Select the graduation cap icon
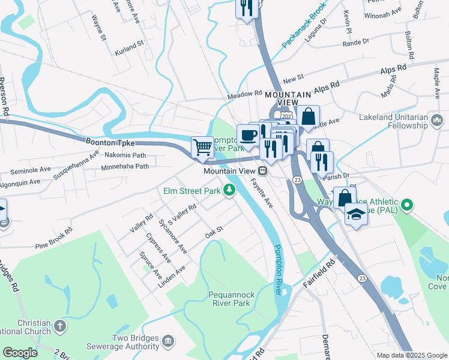pos(356,213)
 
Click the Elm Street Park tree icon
pos(228,190)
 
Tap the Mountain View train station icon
pos(263,171)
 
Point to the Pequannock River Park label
pos(229,299)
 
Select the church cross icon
pos(59,326)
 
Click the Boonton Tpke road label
pos(110,143)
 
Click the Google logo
pos(20,352)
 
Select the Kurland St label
pos(130,45)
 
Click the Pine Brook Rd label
pos(53,238)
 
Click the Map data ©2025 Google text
pos(411,355)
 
